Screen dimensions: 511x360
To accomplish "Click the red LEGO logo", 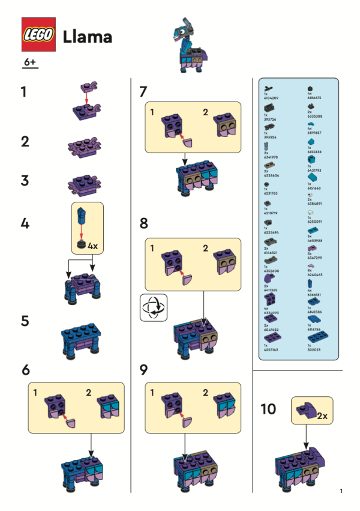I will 39,35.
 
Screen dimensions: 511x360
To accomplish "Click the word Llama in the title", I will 87,37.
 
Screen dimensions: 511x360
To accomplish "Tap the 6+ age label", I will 30,62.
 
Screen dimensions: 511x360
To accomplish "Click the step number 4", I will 25,224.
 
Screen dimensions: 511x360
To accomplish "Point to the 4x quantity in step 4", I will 93,246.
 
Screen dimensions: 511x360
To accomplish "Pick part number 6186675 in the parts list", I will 314,95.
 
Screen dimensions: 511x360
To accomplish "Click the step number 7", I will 143,92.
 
